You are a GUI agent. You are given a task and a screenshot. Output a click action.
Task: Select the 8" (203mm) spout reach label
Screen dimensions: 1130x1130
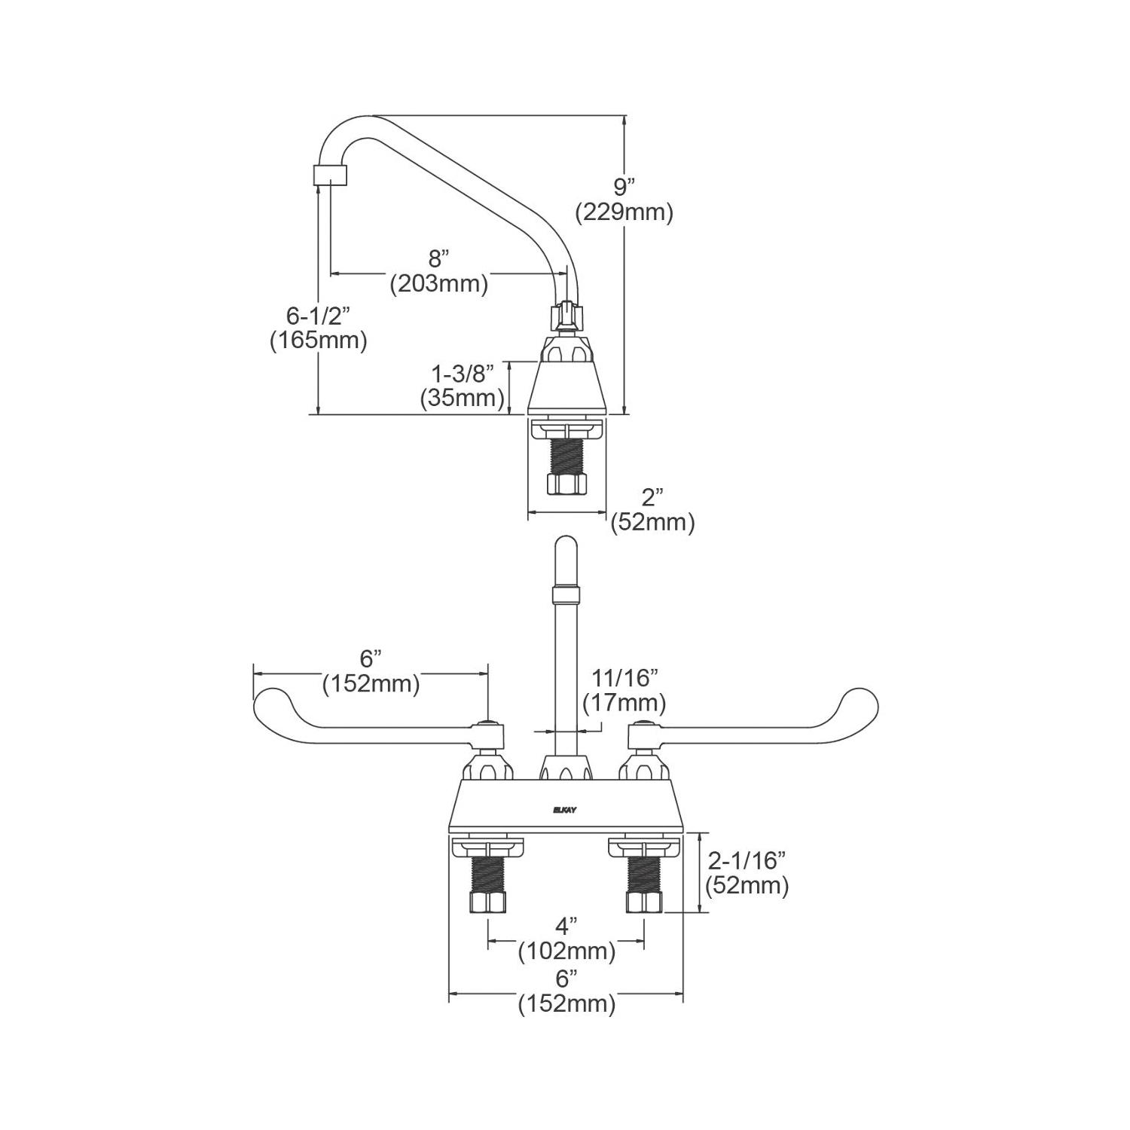pos(438,270)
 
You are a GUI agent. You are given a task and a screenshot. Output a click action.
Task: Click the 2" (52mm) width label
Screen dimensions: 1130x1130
pos(652,508)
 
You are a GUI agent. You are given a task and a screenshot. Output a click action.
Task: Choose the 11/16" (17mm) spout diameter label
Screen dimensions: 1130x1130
pos(625,690)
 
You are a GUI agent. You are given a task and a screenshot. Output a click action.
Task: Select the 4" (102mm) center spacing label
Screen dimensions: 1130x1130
pos(567,937)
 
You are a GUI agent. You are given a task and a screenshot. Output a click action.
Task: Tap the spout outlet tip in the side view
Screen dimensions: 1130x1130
pos(330,176)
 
